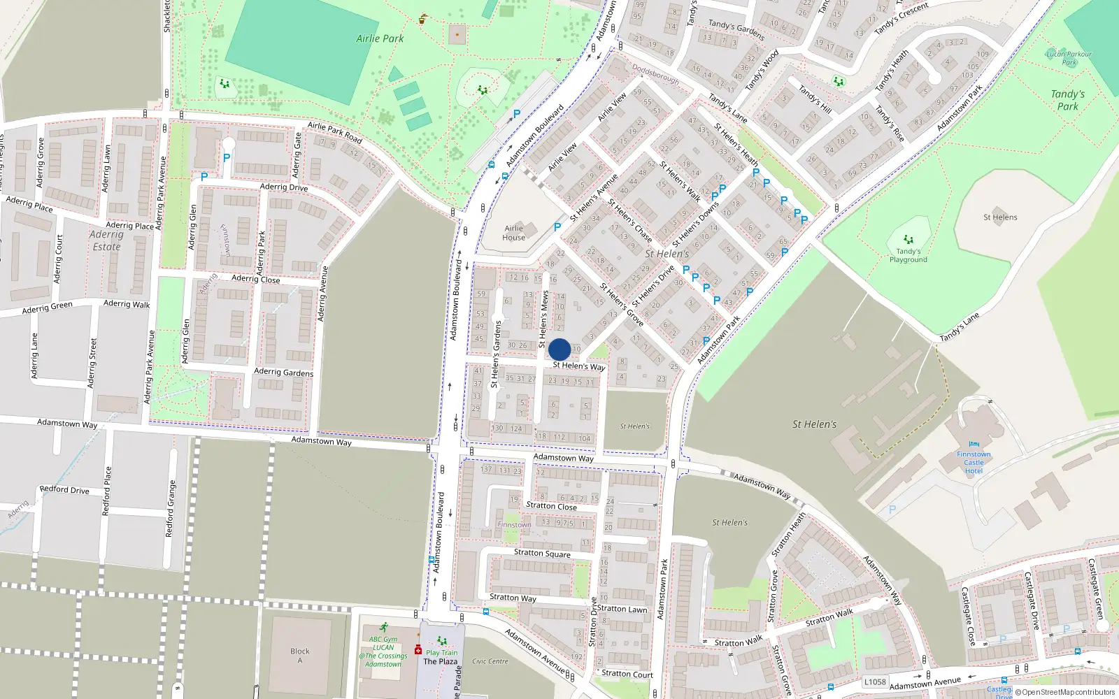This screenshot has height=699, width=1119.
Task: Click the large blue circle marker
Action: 559,349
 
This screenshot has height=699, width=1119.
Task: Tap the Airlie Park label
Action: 380,38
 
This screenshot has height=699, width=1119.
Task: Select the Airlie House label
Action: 513,233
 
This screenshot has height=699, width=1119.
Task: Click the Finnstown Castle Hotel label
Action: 974,463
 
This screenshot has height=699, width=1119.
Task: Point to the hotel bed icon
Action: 974,445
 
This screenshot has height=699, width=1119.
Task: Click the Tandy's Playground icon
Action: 908,240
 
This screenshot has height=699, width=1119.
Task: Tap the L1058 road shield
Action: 875,682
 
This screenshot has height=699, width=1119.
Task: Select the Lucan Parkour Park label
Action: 1069,58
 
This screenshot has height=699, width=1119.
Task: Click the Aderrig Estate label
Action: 106,240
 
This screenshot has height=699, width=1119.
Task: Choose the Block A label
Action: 300,656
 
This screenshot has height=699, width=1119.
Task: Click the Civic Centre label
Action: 490,661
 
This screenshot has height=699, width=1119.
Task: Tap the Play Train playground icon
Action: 441,640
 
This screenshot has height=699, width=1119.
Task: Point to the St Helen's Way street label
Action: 578,366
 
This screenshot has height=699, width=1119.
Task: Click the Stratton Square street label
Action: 542,553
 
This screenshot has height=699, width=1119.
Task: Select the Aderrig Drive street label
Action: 283,187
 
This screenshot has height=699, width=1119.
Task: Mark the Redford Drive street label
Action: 64,489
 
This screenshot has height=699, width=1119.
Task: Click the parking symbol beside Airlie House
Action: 557,227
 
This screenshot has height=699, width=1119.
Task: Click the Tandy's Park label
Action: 1067,100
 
